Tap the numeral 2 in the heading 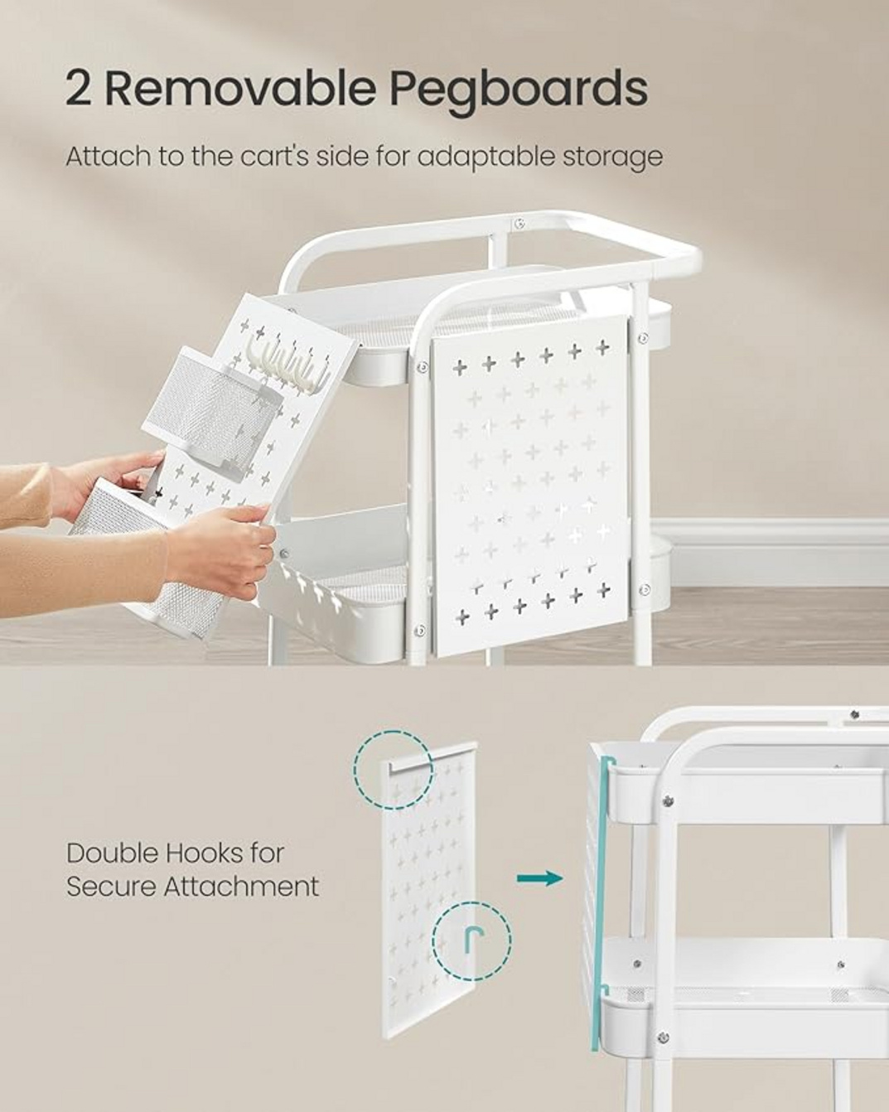[x=79, y=89]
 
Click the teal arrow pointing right [x=539, y=878]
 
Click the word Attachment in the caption [x=241, y=887]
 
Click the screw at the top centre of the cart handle [x=519, y=223]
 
